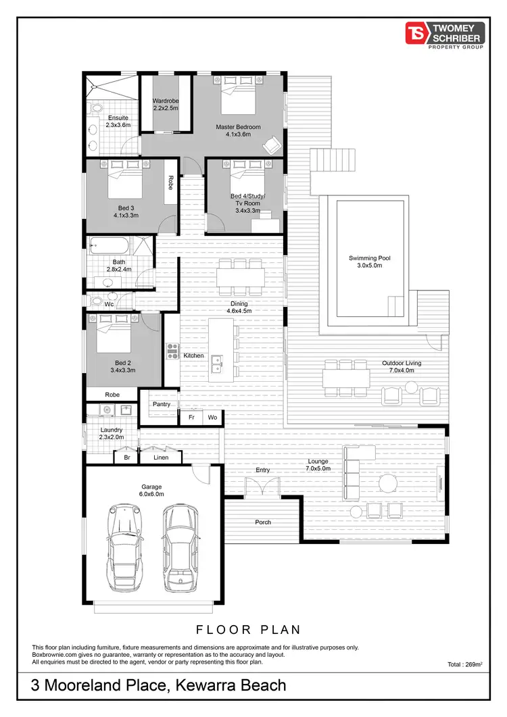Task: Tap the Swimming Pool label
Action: [x=370, y=262]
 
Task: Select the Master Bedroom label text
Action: [x=238, y=130]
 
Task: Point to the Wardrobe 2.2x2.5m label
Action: [x=165, y=104]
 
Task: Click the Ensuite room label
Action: [x=118, y=121]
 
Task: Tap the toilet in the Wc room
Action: [x=97, y=301]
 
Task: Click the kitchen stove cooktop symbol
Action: [x=172, y=350]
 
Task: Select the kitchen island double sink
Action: [x=216, y=364]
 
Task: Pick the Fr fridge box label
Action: [x=191, y=418]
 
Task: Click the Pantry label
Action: [x=162, y=404]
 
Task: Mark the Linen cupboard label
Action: [x=161, y=458]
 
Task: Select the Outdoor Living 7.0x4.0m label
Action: [x=402, y=367]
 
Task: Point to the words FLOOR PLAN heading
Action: [x=248, y=630]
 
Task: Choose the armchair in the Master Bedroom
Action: [x=272, y=145]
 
